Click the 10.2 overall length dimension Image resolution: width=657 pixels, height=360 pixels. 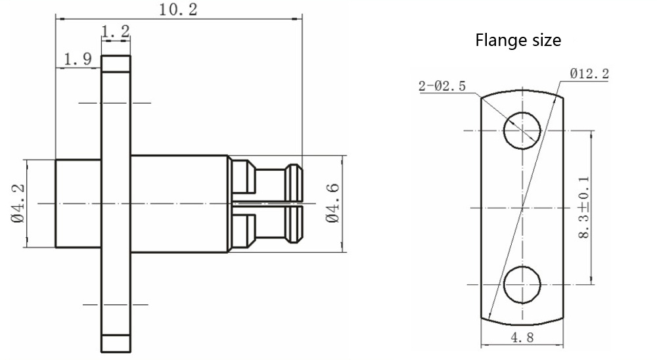click(177, 10)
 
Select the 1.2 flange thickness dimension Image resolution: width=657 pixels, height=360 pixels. click(116, 31)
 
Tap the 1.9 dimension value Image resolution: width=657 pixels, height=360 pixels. click(78, 59)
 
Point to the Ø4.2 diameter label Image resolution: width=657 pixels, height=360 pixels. click(18, 204)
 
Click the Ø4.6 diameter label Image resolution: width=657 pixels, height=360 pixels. click(333, 203)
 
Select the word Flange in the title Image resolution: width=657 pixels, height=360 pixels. click(496, 40)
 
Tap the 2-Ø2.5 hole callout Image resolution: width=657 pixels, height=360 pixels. click(442, 86)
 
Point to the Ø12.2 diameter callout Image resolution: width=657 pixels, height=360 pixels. click(589, 74)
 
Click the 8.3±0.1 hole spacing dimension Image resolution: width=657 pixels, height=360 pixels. click(583, 208)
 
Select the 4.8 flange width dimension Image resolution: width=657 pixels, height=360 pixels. click(522, 338)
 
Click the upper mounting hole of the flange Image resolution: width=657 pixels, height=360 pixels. click(522, 131)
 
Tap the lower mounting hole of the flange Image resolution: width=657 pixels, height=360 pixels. click(522, 285)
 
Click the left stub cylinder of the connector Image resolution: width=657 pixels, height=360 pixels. click(78, 203)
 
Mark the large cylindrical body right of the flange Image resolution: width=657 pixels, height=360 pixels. click(180, 204)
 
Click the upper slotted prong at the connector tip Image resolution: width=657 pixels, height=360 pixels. click(267, 181)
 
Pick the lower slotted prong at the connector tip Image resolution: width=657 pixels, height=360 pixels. click(267, 225)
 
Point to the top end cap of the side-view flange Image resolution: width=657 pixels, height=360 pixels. click(116, 64)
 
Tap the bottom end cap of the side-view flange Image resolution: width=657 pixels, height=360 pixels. click(116, 344)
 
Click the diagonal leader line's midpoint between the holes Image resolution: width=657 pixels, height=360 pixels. click(522, 208)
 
